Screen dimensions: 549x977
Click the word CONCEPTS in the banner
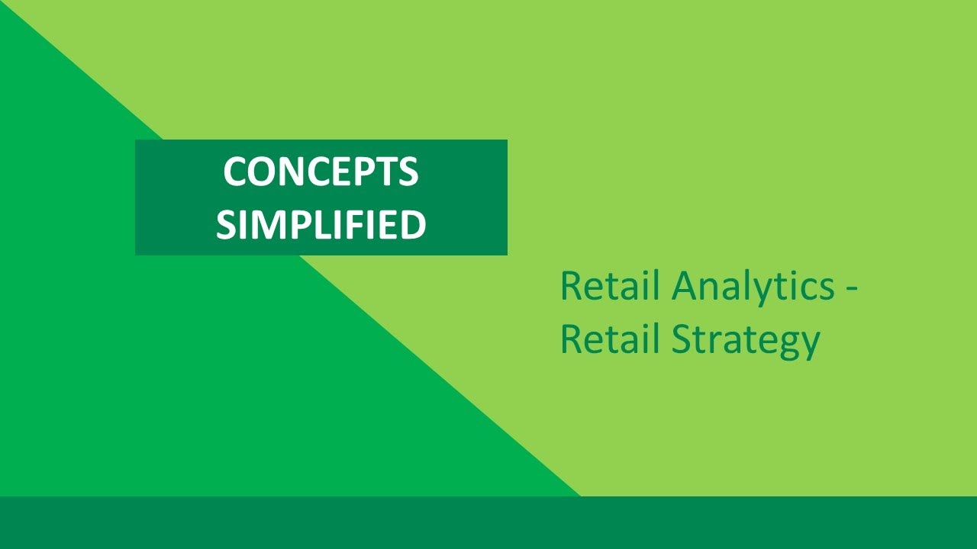click(x=321, y=172)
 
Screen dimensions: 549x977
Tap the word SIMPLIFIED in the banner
click(x=321, y=224)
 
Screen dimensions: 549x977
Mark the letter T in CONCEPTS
click(x=386, y=172)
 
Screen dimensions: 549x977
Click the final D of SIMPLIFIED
click(x=413, y=224)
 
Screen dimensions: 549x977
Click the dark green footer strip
click(x=488, y=523)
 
